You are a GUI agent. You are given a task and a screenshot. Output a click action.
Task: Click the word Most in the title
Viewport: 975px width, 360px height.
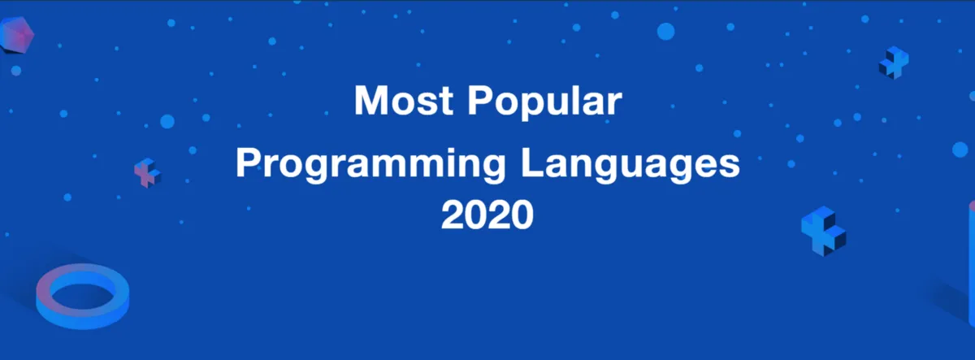[404, 101]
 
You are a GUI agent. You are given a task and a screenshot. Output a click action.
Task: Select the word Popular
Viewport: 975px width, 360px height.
[545, 102]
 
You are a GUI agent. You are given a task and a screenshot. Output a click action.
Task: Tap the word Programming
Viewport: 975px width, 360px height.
[370, 165]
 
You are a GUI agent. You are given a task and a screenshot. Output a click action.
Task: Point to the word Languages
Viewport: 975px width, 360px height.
[630, 165]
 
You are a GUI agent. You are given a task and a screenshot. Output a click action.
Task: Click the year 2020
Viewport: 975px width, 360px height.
[487, 215]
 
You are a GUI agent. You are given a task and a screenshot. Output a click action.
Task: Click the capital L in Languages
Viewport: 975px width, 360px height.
[532, 163]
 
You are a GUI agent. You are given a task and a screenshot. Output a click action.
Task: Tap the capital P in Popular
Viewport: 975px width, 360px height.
[481, 100]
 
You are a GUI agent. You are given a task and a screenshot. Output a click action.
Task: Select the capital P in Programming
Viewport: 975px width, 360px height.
[249, 163]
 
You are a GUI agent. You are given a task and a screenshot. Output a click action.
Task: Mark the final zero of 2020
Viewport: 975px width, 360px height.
[522, 215]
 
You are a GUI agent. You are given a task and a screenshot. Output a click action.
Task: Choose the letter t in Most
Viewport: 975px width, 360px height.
[447, 102]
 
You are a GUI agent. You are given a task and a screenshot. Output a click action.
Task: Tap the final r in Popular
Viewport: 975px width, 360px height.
[614, 104]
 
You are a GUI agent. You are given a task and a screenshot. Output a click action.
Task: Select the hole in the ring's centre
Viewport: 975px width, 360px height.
[83, 295]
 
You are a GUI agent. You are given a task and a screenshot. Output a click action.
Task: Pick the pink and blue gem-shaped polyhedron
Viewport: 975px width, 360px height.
[16, 35]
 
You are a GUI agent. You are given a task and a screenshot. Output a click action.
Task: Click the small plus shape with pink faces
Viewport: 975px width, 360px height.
[148, 173]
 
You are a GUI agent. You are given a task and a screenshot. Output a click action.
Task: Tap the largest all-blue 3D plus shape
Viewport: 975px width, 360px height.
[824, 231]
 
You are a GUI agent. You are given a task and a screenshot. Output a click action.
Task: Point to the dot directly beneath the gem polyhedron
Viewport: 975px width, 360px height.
[15, 71]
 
